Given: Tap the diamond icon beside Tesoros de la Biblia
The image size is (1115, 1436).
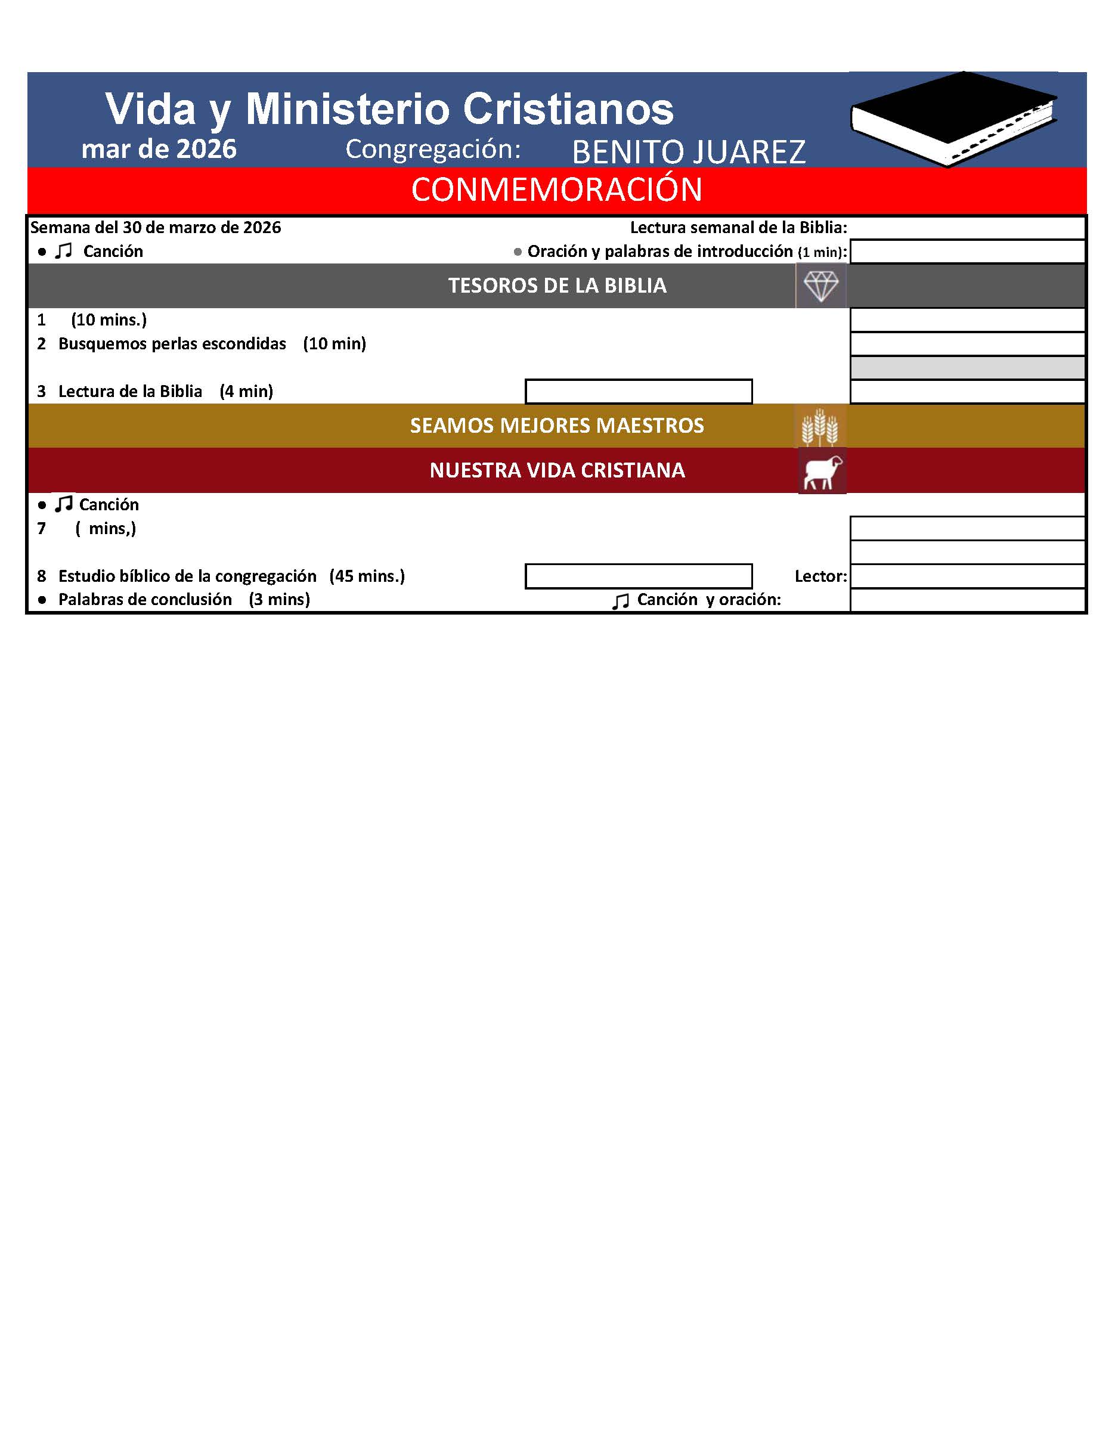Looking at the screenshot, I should click(821, 286).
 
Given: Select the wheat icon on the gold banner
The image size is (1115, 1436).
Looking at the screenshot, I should click(819, 426).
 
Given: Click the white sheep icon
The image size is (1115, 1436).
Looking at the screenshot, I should click(822, 472).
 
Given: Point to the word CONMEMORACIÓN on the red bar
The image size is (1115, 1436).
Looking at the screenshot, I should click(556, 190).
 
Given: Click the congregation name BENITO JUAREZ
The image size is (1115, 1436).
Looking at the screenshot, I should click(688, 152).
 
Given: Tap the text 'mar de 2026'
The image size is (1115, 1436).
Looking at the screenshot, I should click(159, 149).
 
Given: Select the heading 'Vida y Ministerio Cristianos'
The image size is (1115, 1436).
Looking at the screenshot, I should click(389, 109).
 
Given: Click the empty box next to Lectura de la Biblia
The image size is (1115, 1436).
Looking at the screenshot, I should click(638, 392).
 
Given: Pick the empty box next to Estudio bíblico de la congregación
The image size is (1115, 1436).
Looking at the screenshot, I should click(638, 576).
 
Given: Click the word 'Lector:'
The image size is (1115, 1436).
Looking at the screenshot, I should click(820, 576).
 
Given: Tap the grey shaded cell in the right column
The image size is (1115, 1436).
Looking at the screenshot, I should click(967, 368).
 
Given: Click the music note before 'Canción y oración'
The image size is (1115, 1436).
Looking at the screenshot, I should click(620, 601).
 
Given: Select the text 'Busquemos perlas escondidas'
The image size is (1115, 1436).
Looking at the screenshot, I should click(172, 344).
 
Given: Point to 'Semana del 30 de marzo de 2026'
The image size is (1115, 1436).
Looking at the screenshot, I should click(156, 228).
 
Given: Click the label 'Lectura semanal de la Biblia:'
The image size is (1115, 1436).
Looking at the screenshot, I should click(738, 228).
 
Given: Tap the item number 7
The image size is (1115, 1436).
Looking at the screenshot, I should click(42, 529).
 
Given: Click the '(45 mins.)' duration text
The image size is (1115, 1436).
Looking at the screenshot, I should click(367, 576).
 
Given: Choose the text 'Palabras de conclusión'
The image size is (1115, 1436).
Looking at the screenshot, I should click(145, 600).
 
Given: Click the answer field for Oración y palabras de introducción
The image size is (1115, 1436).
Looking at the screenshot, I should click(967, 252).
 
